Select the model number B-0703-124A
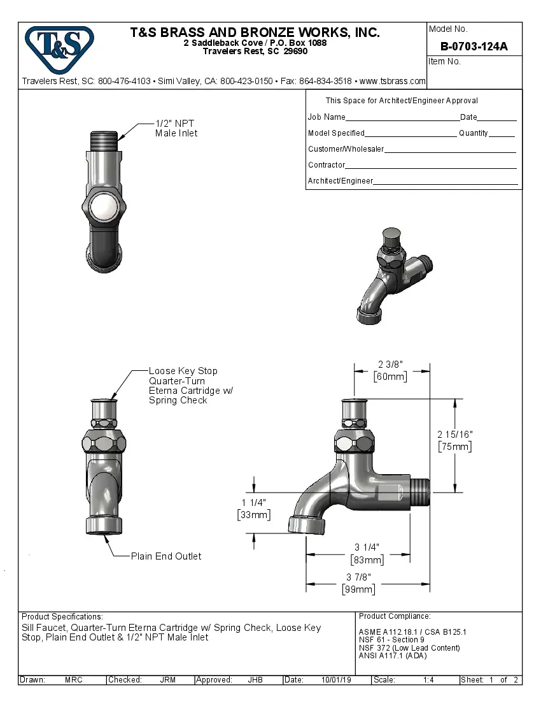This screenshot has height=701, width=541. (x=474, y=46)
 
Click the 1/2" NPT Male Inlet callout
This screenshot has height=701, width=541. (x=176, y=128)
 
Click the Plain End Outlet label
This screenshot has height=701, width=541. (x=165, y=556)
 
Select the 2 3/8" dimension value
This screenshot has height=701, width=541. (x=390, y=365)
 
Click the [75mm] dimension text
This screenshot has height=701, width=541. (x=455, y=447)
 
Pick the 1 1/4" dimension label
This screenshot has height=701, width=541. (x=253, y=502)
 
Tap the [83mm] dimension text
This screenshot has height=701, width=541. (x=367, y=560)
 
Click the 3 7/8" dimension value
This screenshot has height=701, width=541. (x=358, y=577)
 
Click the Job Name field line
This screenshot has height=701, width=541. (x=402, y=117)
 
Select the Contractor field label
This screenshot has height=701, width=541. (x=327, y=165)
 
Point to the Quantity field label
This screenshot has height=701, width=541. (x=473, y=133)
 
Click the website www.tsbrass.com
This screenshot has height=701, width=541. (x=392, y=81)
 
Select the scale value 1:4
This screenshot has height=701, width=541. (x=428, y=680)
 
